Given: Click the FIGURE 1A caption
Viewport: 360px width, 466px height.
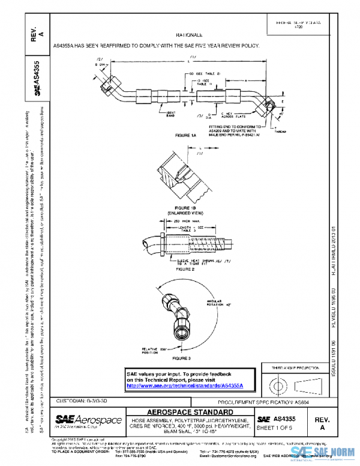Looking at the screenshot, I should [185, 136].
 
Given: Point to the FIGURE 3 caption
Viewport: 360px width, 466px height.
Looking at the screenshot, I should [181, 358].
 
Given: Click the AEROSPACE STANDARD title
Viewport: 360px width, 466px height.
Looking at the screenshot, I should [188, 412].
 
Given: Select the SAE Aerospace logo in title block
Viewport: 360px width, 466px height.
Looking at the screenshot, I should [88, 420].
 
